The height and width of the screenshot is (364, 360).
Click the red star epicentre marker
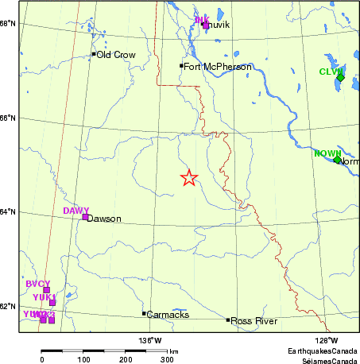click(x=188, y=178)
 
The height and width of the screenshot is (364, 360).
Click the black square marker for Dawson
click(x=85, y=216)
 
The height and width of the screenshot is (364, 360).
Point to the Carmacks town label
click(x=168, y=315)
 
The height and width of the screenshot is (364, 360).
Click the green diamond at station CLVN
click(x=340, y=77)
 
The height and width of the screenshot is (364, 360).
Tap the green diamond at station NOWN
click(x=337, y=160)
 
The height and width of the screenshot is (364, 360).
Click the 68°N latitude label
click(x=9, y=23)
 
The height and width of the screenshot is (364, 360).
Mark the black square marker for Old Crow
click(x=93, y=54)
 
